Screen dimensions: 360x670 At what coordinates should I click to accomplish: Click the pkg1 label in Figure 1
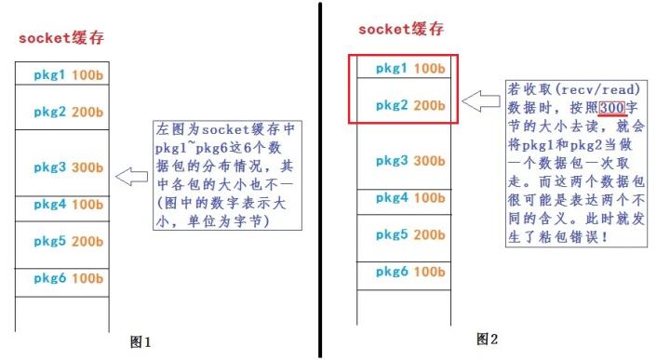47,73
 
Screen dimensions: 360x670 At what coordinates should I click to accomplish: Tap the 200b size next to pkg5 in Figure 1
86,241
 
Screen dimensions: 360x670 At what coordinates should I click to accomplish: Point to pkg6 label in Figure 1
47,278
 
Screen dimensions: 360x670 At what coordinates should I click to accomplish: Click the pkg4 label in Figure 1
47,204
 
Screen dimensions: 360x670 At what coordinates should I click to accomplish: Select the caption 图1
141,341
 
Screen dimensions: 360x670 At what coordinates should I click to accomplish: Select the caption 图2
488,337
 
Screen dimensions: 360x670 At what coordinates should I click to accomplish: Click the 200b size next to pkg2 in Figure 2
429,105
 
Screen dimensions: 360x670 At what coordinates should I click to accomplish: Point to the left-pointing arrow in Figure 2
482,101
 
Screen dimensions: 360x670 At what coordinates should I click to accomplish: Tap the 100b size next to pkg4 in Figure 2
429,197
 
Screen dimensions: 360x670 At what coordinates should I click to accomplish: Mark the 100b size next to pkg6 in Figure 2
429,272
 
